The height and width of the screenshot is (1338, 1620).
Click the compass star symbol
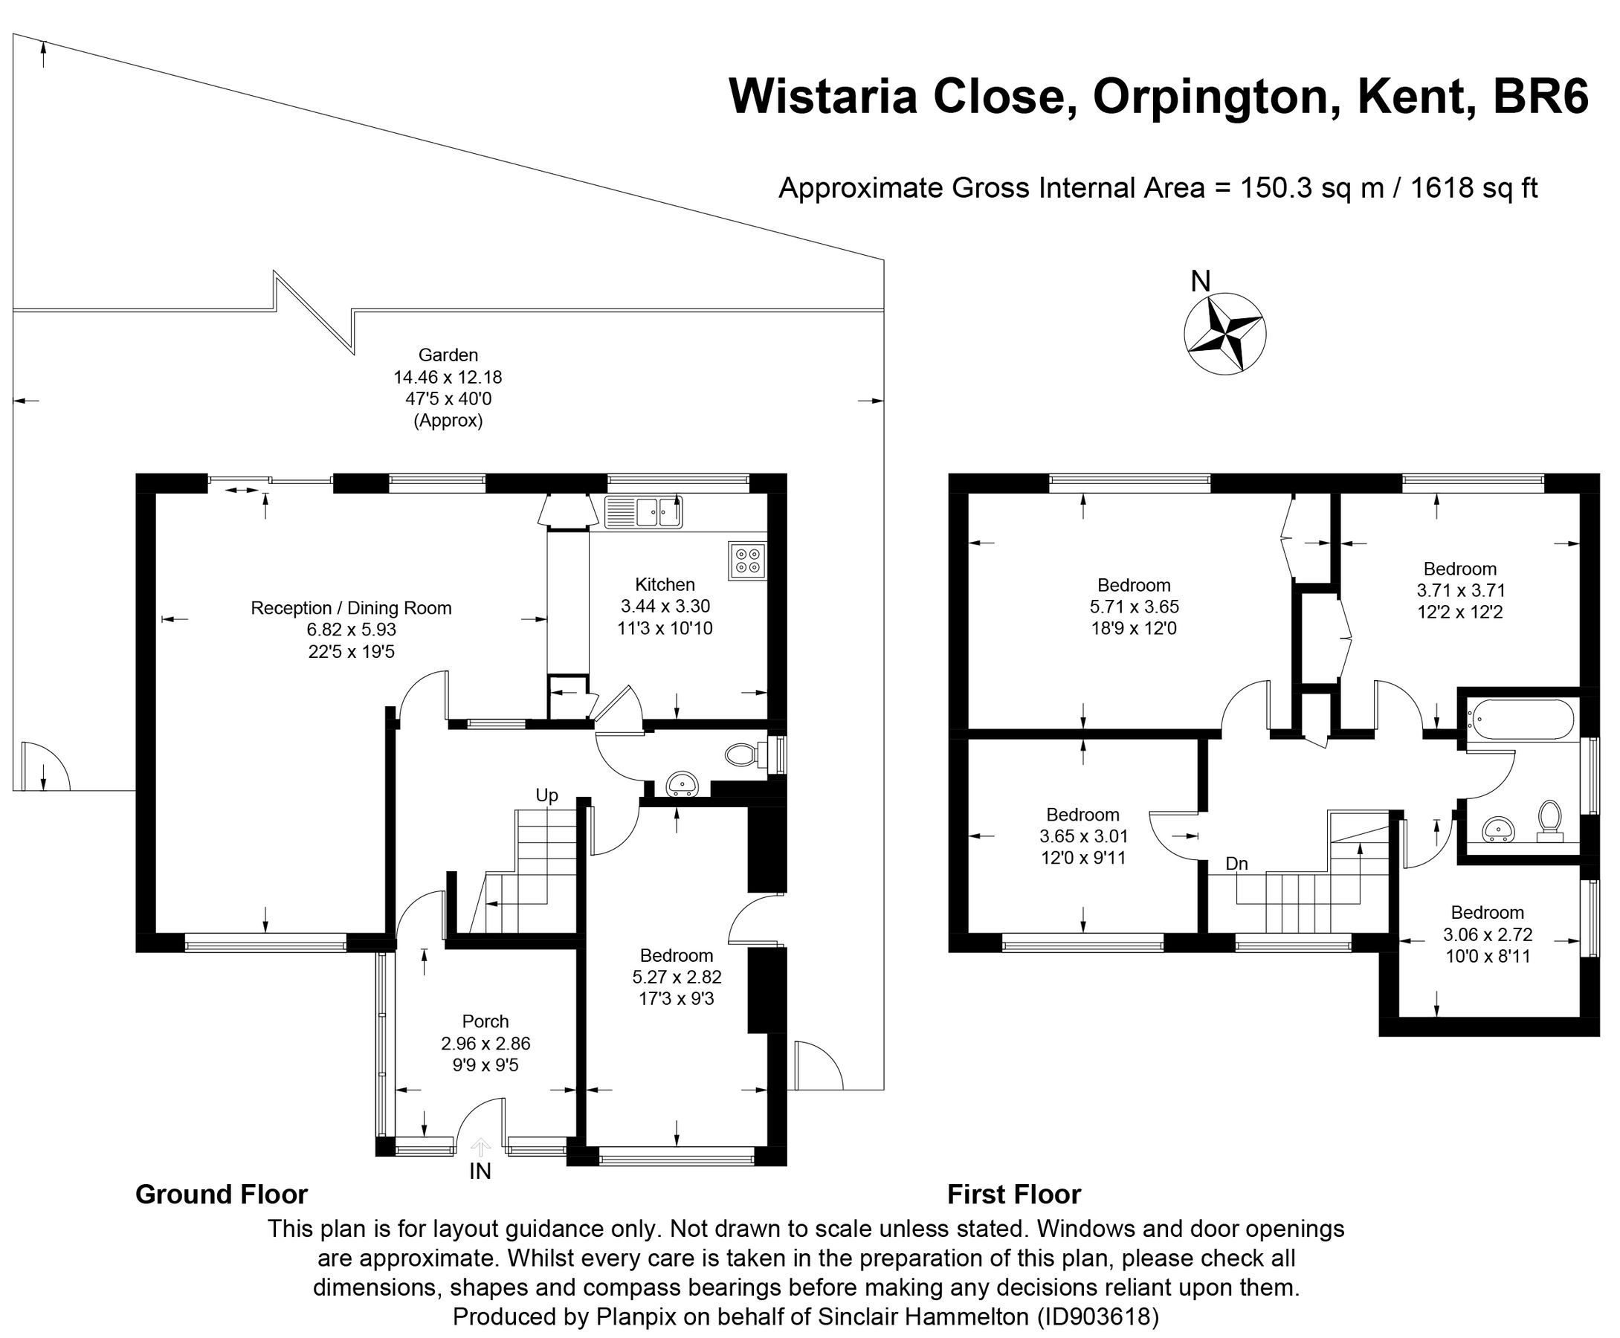pyautogui.click(x=1224, y=334)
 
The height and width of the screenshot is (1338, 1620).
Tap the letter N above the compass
pyautogui.click(x=1200, y=282)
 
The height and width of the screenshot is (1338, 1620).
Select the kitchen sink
pyautogui.click(x=644, y=511)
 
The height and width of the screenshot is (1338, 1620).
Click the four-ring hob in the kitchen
pyautogui.click(x=746, y=561)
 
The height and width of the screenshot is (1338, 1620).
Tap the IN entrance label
pyautogui.click(x=480, y=1171)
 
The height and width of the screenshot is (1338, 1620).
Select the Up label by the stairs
pyautogui.click(x=546, y=795)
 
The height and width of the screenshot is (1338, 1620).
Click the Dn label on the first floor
pyautogui.click(x=1236, y=863)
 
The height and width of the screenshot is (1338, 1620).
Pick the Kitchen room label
pyautogui.click(x=665, y=584)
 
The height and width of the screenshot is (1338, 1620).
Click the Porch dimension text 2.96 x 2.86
pyautogui.click(x=485, y=1044)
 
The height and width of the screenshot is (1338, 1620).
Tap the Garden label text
pyautogui.click(x=448, y=355)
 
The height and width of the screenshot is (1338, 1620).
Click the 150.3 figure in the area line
pyautogui.click(x=1276, y=188)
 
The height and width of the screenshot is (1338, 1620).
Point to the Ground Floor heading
pyautogui.click(x=222, y=1194)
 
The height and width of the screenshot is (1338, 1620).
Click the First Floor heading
pyautogui.click(x=1013, y=1194)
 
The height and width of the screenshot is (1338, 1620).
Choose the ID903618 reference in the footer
pyautogui.click(x=1098, y=1316)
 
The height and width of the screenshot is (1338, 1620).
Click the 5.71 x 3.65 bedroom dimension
pyautogui.click(x=1134, y=607)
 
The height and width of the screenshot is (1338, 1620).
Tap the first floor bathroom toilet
pyautogui.click(x=1549, y=818)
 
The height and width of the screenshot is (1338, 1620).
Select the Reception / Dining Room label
pyautogui.click(x=351, y=608)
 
